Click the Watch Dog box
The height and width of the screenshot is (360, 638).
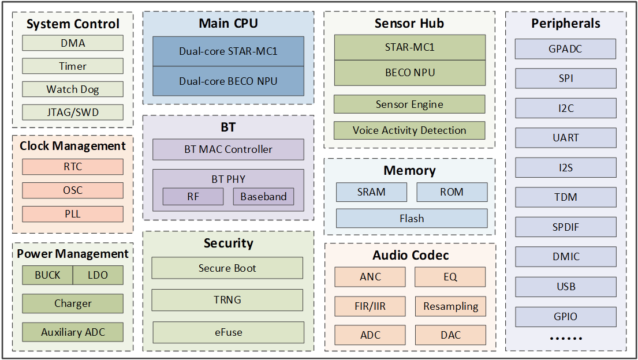[x=73, y=89]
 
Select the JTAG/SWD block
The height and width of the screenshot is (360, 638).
[x=73, y=112]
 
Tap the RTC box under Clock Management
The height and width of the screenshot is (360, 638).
[x=73, y=167]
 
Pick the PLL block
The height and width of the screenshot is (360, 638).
[x=73, y=214]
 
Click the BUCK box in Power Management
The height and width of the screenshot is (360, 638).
[x=47, y=275]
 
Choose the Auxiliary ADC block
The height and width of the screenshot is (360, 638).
[x=73, y=332]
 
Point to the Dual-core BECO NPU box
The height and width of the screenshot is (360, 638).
[x=228, y=81]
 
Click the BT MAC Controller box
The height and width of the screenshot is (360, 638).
[x=228, y=149]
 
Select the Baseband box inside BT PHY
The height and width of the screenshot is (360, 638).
[x=263, y=197]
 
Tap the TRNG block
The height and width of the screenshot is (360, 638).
[x=227, y=300]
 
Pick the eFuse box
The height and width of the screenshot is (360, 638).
[x=228, y=332]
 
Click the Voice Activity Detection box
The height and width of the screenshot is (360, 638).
[x=409, y=130]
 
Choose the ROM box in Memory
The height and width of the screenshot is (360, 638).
[x=452, y=192]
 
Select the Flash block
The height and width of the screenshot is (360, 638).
[x=412, y=219]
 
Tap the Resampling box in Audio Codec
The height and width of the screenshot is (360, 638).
[x=451, y=306]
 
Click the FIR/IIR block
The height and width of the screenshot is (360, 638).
[x=370, y=306]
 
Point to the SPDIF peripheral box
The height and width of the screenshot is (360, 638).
[x=566, y=227]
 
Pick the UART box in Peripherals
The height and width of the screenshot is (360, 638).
[x=566, y=137]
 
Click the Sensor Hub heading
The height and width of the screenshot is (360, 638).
[x=409, y=23]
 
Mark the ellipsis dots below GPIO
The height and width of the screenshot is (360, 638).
[x=566, y=338]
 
